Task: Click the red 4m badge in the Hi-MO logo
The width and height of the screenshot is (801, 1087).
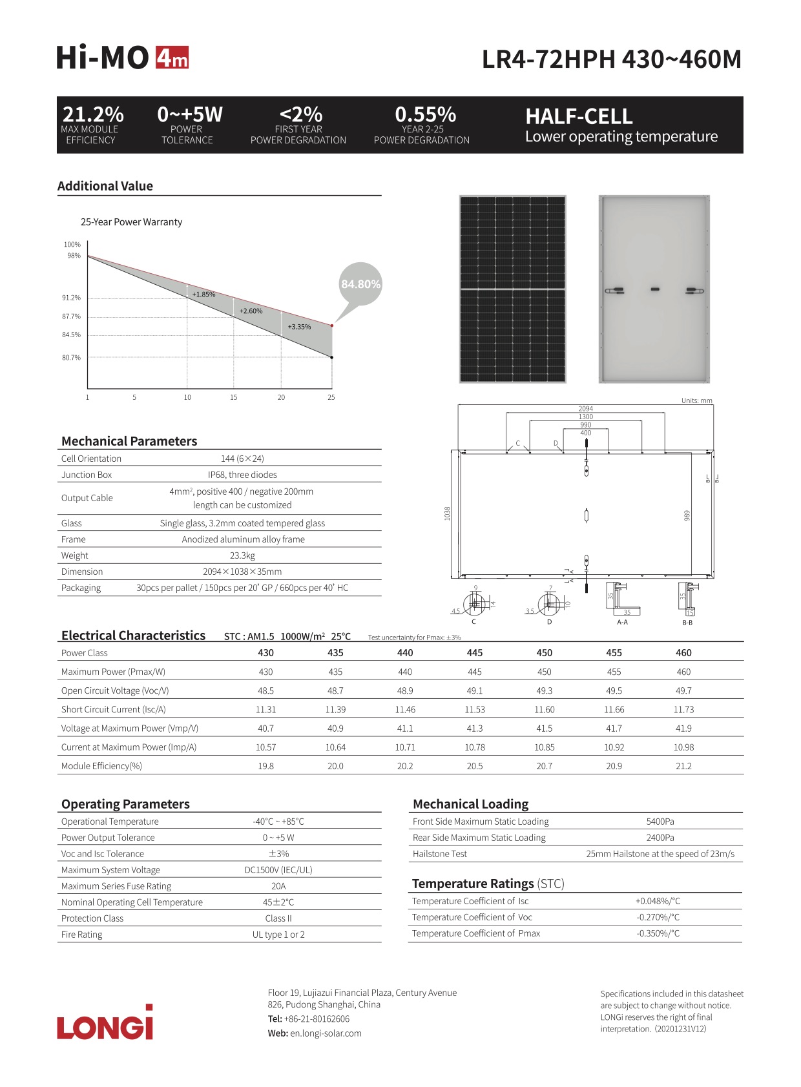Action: tap(172, 58)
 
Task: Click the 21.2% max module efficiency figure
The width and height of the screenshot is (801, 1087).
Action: tap(93, 114)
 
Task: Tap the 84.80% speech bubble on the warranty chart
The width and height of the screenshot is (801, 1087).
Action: tap(360, 284)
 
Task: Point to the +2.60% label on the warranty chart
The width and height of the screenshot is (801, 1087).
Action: tap(251, 311)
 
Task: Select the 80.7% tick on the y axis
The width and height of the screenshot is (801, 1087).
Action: tap(71, 358)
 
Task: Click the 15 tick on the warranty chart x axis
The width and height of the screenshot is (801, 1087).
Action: tap(234, 397)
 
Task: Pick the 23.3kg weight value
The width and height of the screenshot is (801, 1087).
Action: tap(242, 555)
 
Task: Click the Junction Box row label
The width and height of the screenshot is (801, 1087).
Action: tap(87, 475)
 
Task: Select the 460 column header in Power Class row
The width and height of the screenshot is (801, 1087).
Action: tap(683, 653)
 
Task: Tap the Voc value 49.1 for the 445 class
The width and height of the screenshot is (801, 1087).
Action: tap(475, 690)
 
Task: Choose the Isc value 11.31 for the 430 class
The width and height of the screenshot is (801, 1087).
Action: tap(265, 709)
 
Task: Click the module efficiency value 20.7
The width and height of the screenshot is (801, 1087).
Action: tap(545, 766)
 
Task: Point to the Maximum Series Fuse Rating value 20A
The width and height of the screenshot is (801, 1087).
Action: tap(278, 886)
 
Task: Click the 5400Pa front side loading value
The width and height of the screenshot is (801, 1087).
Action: tap(660, 822)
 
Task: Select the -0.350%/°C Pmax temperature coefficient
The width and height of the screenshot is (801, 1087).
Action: tap(658, 933)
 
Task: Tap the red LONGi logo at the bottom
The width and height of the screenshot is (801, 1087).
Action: tap(105, 1023)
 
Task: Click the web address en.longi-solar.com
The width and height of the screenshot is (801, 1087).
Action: tap(326, 1033)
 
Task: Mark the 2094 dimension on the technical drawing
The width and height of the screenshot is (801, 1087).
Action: tap(586, 409)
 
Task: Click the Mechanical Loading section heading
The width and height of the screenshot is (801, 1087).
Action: tap(470, 804)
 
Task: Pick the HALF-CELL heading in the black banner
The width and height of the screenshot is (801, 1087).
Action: tap(579, 116)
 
